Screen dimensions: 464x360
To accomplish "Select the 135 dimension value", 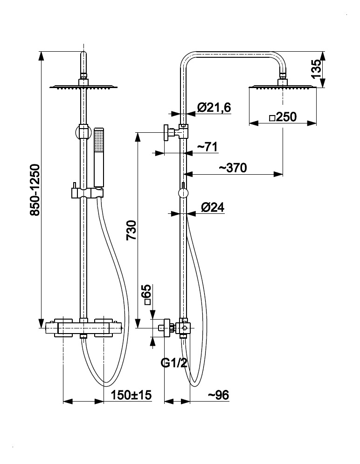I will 316,68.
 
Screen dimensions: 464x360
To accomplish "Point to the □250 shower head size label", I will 283,117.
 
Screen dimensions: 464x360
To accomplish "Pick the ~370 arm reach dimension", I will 233,168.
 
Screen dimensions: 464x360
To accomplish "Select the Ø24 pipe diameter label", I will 213,208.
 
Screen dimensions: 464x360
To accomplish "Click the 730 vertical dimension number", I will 132,230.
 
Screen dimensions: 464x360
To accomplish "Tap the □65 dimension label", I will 147,295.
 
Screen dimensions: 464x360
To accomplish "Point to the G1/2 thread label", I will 174,363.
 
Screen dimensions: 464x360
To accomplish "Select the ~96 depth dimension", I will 218,396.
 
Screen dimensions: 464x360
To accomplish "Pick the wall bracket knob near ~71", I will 166,133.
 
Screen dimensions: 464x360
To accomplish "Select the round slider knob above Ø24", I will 183,193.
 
